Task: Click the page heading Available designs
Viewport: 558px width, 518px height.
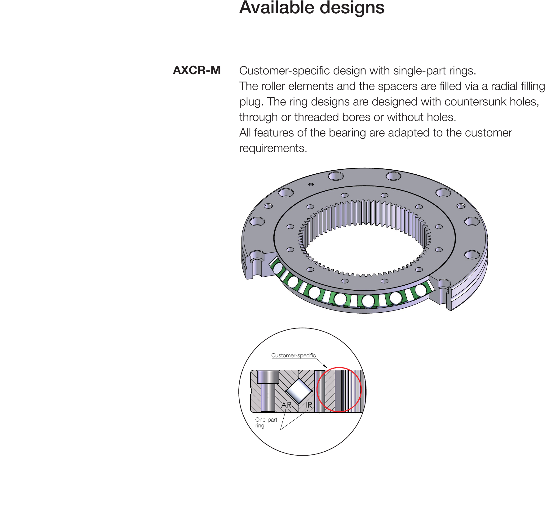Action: (x=312, y=8)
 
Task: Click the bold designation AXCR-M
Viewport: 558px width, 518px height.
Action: (x=197, y=70)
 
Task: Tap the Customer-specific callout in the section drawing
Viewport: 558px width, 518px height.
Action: (x=294, y=355)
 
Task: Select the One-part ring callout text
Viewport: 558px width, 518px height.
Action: (x=266, y=422)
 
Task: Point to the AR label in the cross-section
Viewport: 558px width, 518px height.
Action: (x=286, y=405)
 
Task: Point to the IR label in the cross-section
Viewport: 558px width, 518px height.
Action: (x=309, y=405)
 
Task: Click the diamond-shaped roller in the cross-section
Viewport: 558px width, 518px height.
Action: (x=299, y=391)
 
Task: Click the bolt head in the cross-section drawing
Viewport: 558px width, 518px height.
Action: (x=268, y=377)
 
